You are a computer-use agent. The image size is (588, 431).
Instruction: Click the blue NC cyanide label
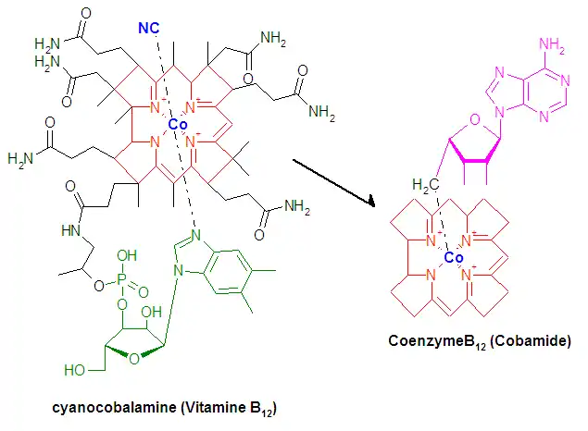(x=149, y=28)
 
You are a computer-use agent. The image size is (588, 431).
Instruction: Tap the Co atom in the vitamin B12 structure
(x=178, y=124)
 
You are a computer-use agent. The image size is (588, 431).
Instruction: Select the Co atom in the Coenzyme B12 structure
(x=454, y=258)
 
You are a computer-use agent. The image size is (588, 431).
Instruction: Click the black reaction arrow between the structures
(x=333, y=183)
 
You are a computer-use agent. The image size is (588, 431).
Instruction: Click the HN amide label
(x=71, y=230)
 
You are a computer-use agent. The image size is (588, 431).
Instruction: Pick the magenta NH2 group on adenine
(x=552, y=44)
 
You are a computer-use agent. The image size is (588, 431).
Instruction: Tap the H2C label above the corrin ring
(x=425, y=185)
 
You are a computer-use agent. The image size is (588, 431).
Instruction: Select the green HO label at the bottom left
(x=74, y=370)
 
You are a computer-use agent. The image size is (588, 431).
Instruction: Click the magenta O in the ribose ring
(x=475, y=119)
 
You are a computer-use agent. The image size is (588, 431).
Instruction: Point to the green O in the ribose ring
(x=134, y=359)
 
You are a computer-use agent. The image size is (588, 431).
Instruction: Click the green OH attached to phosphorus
(x=127, y=255)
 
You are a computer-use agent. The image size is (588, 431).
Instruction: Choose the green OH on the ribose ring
(x=151, y=312)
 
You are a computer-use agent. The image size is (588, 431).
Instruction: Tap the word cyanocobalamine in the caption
(x=114, y=407)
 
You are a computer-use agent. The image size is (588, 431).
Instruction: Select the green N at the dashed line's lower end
(x=195, y=235)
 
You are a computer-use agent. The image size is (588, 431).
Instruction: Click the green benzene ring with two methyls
(x=227, y=271)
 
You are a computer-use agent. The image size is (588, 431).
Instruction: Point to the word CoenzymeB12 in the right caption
(x=437, y=341)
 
